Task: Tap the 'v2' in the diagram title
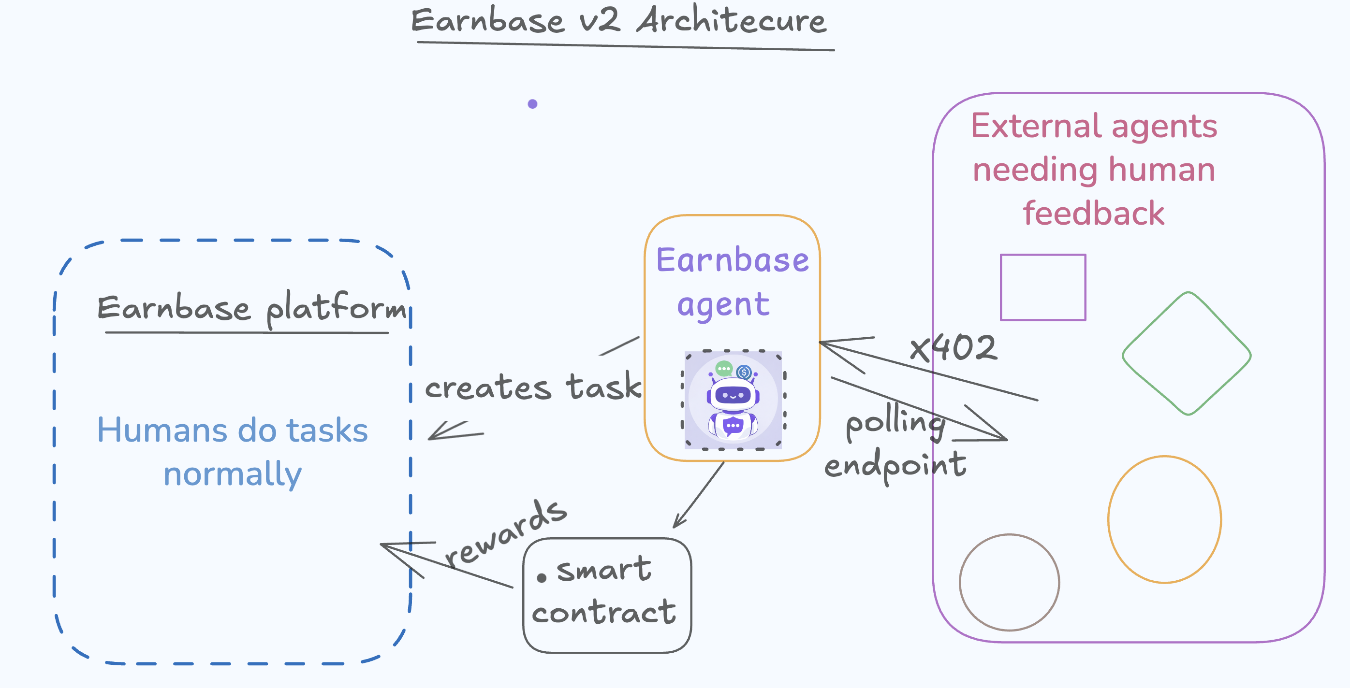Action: [x=600, y=21]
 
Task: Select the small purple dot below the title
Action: [x=532, y=104]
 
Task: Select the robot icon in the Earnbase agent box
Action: [x=733, y=400]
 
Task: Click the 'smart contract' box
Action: [x=607, y=596]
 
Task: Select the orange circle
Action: [x=1108, y=519]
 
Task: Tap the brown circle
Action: [x=960, y=582]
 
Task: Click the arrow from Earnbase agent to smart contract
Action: [x=699, y=494]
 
